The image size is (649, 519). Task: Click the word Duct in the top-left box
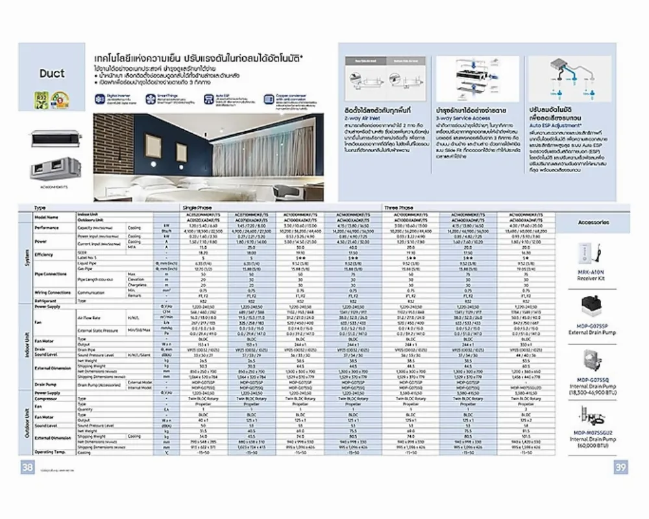(52, 73)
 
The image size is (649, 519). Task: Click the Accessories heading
(593, 222)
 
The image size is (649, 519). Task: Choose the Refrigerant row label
(46, 301)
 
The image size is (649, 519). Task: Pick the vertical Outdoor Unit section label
(25, 422)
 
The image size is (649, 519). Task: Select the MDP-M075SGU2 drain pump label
(593, 433)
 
